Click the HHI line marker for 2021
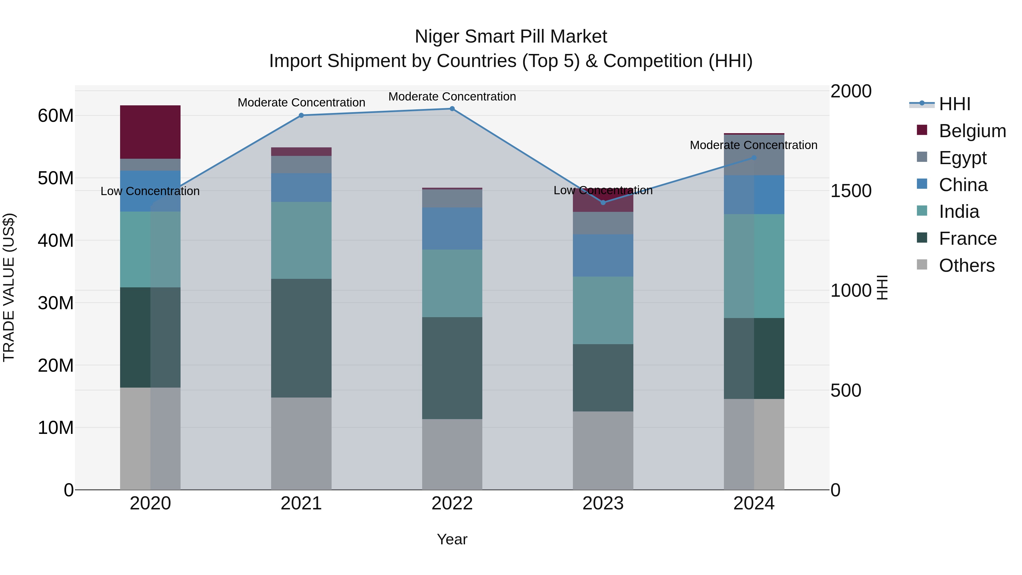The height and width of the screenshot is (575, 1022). (x=301, y=116)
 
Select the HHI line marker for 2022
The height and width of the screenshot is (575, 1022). (x=452, y=109)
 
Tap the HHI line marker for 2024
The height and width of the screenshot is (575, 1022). (x=754, y=158)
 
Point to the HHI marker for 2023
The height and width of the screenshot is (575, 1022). (x=603, y=203)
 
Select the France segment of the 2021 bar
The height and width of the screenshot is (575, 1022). (x=301, y=338)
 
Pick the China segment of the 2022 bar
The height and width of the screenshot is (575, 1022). (x=452, y=229)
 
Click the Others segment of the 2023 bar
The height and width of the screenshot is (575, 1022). (x=603, y=450)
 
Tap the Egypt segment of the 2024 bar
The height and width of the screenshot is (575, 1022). (x=754, y=155)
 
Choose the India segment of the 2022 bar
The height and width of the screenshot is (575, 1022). (x=452, y=283)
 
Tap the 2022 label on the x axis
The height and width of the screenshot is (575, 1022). (x=452, y=503)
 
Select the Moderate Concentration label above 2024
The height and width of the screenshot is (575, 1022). (x=753, y=145)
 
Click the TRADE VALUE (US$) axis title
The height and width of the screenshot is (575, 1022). (x=9, y=287)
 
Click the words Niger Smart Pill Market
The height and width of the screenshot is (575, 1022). (x=511, y=37)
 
